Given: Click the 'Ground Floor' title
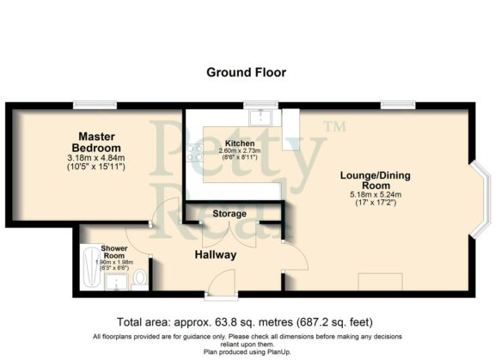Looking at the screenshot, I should click(246, 72).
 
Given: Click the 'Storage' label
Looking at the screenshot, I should click(229, 213).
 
